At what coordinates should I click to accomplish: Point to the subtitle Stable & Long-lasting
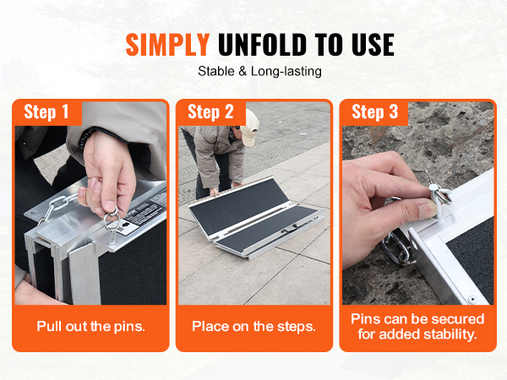pos(253,72)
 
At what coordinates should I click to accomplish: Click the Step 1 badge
pos(46,112)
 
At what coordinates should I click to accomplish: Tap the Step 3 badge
pos(373,112)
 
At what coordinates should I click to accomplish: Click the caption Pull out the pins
pos(90,326)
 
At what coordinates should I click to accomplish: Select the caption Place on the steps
pos(253,326)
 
